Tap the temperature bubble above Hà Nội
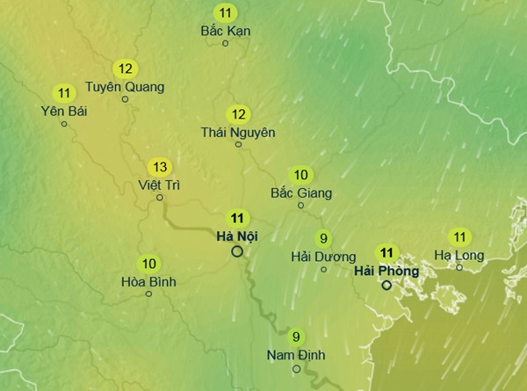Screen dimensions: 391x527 (x=237, y=218)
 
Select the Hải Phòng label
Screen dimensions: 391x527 (x=386, y=270)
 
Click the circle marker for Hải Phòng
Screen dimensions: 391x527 (x=386, y=285)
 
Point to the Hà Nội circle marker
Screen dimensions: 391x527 (x=237, y=251)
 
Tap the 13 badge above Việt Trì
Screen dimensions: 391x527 (x=160, y=167)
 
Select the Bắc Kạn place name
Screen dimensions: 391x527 (x=226, y=30)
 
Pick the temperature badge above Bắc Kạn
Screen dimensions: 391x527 (x=227, y=12)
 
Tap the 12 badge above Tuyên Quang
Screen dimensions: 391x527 (x=125, y=69)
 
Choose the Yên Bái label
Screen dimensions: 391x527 (x=63, y=110)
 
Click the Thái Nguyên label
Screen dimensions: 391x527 (x=238, y=132)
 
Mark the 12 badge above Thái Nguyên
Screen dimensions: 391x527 (x=238, y=114)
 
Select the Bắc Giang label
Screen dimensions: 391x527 (x=300, y=192)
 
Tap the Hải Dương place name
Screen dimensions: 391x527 (x=323, y=256)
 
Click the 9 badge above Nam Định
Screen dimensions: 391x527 (x=296, y=337)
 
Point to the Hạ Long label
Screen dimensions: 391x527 (x=459, y=255)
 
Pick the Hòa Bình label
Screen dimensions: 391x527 (x=148, y=281)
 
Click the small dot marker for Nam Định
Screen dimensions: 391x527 (x=297, y=368)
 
